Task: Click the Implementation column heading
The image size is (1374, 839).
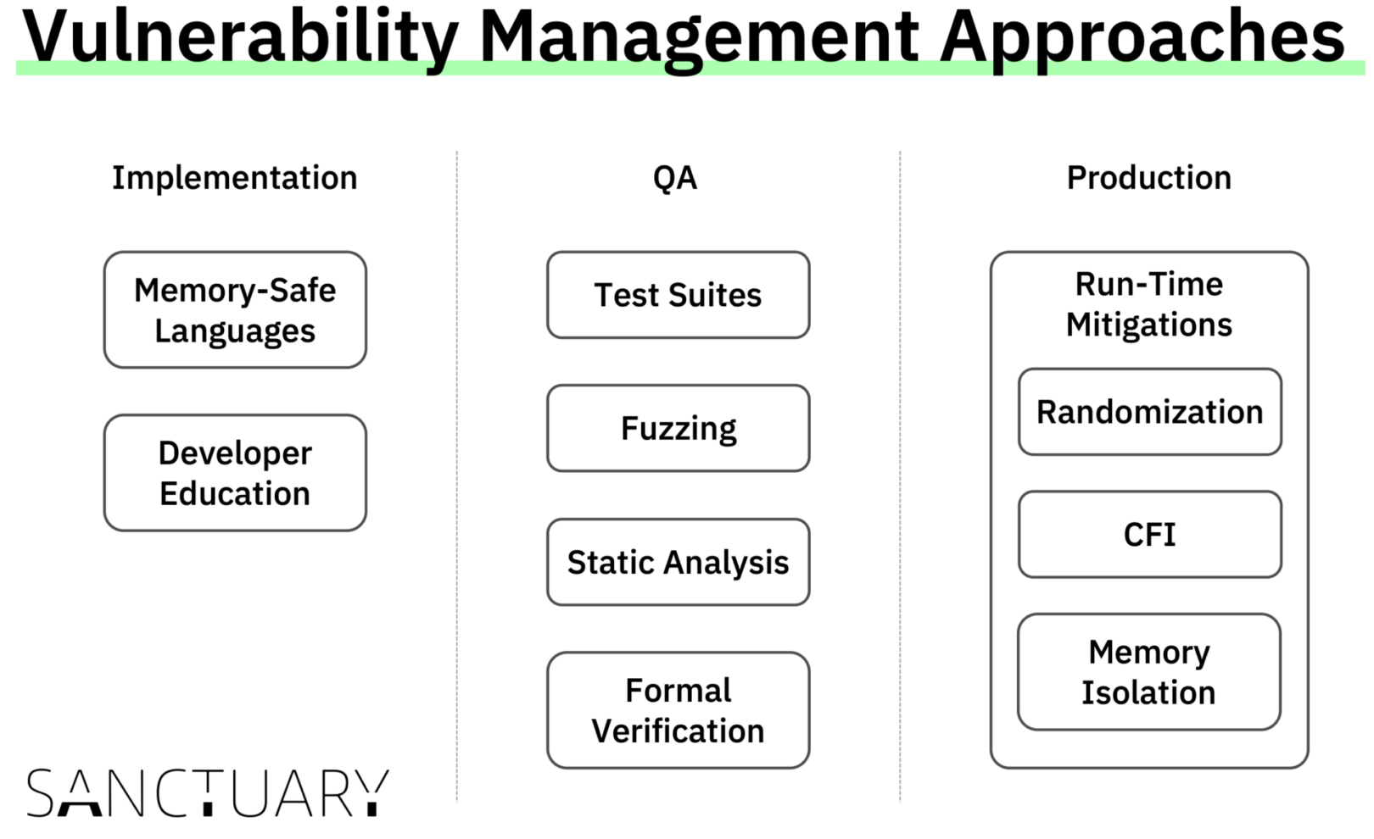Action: click(x=235, y=178)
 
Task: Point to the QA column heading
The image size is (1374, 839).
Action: click(x=675, y=178)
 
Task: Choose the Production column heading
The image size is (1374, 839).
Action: click(x=1148, y=178)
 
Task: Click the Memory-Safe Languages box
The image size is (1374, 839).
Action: click(x=235, y=310)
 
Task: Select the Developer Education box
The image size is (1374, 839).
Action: click(x=235, y=473)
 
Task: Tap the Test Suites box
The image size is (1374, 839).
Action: click(x=678, y=295)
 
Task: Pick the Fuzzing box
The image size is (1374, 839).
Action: click(x=678, y=428)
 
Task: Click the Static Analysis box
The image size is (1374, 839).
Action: click(x=678, y=562)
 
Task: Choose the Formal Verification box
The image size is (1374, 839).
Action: click(x=678, y=710)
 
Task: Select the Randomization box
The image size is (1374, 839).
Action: click(x=1149, y=412)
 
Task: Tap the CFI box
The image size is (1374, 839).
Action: click(x=1149, y=535)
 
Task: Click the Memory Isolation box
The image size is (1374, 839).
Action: click(x=1148, y=672)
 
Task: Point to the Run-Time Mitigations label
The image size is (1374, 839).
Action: click(x=1148, y=304)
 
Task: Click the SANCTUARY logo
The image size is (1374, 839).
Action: click(x=208, y=793)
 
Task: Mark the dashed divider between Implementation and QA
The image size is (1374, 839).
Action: click(x=456, y=475)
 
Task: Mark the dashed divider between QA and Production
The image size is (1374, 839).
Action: click(x=900, y=475)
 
